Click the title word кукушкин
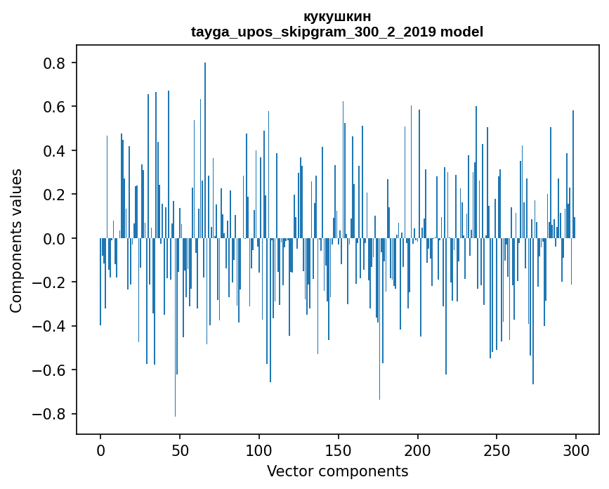pos(337,16)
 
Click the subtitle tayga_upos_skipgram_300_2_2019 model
pos(337,32)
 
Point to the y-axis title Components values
pos(15,240)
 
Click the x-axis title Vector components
pos(337,471)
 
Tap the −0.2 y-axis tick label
pos(51,282)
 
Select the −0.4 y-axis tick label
pos(51,326)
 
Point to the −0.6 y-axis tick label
pos(51,370)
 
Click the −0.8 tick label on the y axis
pos(51,414)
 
